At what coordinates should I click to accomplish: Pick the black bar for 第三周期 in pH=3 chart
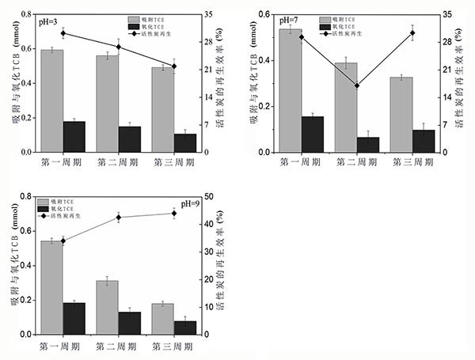point(185,142)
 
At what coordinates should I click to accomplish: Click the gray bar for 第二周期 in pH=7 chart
point(345,107)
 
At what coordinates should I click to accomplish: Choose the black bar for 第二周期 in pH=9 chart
point(130,323)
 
